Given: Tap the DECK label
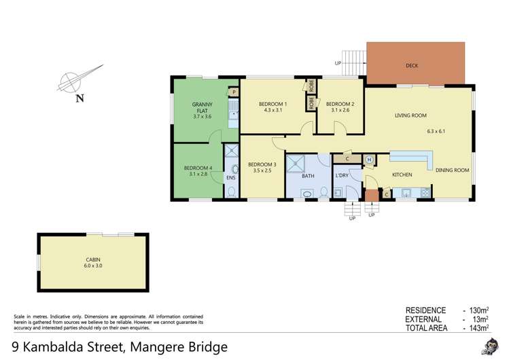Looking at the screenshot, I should click(x=411, y=67).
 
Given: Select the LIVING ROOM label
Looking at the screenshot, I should click(x=410, y=115).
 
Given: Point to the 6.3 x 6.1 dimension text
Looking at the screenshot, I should click(x=439, y=131).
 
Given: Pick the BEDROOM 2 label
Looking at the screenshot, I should click(x=340, y=104).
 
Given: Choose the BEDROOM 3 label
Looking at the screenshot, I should click(x=262, y=164).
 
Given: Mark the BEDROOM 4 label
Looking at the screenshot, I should click(x=198, y=168).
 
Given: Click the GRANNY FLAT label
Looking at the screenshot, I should click(x=203, y=107).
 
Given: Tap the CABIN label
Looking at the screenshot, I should click(x=93, y=259).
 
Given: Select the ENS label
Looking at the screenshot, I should click(x=230, y=177).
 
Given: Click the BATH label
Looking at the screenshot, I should click(x=308, y=176).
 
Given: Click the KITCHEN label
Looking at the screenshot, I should click(x=402, y=175).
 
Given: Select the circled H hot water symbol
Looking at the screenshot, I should click(x=369, y=160).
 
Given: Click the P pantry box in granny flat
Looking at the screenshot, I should click(x=233, y=91).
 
